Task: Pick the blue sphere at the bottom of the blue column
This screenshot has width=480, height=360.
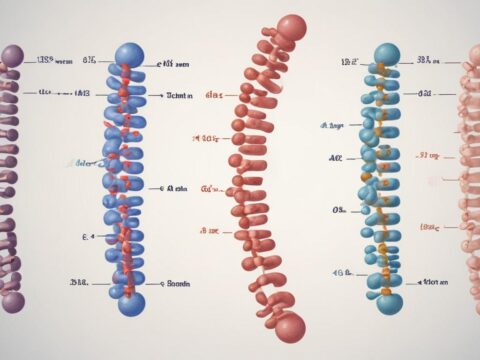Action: (131, 304)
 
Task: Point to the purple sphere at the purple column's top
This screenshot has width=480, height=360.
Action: (12, 54)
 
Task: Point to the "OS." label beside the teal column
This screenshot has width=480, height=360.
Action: (339, 211)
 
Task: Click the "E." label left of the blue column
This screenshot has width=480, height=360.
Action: (85, 237)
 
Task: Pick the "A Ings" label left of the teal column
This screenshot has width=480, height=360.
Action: (333, 126)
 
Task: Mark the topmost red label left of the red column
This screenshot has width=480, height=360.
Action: (214, 95)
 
